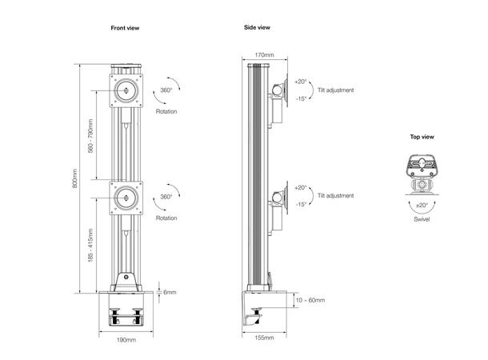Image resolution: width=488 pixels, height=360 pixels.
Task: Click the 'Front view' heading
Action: click(x=126, y=28)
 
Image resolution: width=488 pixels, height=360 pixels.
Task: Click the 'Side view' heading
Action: click(x=257, y=27)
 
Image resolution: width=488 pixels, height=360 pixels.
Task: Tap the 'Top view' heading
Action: click(x=422, y=137)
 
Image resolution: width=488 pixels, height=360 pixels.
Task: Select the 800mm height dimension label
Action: click(x=75, y=180)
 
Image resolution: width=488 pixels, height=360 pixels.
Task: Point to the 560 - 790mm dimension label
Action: click(x=90, y=137)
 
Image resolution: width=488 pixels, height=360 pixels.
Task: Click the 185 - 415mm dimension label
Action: click(x=90, y=247)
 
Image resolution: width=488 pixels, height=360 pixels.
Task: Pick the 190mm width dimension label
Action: click(x=126, y=338)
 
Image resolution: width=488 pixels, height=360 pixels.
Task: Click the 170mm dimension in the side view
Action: click(x=264, y=55)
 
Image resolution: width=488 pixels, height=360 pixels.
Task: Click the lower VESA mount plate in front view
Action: click(x=126, y=196)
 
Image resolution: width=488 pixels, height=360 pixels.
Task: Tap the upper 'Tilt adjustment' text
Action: click(x=335, y=90)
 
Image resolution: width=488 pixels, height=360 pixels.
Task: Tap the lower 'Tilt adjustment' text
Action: click(x=335, y=195)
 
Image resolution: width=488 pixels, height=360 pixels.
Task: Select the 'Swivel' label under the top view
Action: click(x=422, y=218)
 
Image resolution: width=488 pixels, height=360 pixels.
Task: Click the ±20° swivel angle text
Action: click(x=422, y=208)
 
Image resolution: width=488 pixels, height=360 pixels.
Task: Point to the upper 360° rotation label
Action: click(x=166, y=91)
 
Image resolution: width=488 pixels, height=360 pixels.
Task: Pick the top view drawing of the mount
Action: click(x=422, y=172)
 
